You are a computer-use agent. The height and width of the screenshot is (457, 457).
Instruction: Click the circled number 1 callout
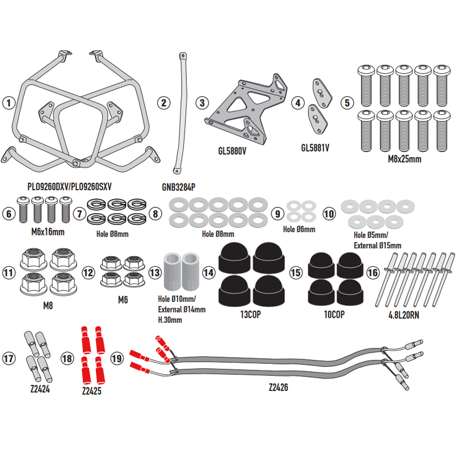[8, 103]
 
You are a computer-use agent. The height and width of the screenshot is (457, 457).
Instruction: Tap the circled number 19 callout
[117, 358]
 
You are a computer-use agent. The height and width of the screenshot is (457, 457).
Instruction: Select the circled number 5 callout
[346, 103]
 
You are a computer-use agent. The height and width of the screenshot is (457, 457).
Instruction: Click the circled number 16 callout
[372, 273]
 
